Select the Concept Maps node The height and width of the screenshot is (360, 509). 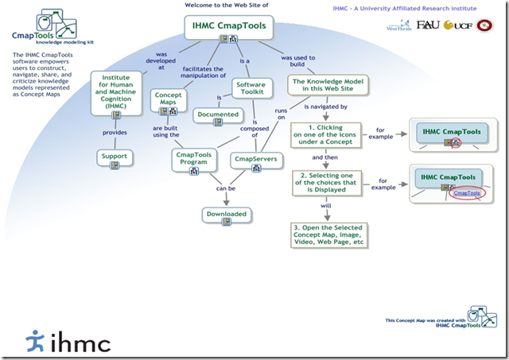[x=169, y=100]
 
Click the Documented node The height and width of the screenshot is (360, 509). [x=218, y=114]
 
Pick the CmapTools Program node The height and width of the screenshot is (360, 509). [x=194, y=156]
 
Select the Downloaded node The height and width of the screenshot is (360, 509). [x=226, y=214]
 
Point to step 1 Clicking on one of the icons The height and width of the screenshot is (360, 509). [x=325, y=134]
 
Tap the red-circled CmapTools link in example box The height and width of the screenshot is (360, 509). [x=465, y=192]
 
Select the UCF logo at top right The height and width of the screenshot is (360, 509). [x=460, y=25]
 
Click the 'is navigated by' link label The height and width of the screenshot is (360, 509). [x=325, y=106]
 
